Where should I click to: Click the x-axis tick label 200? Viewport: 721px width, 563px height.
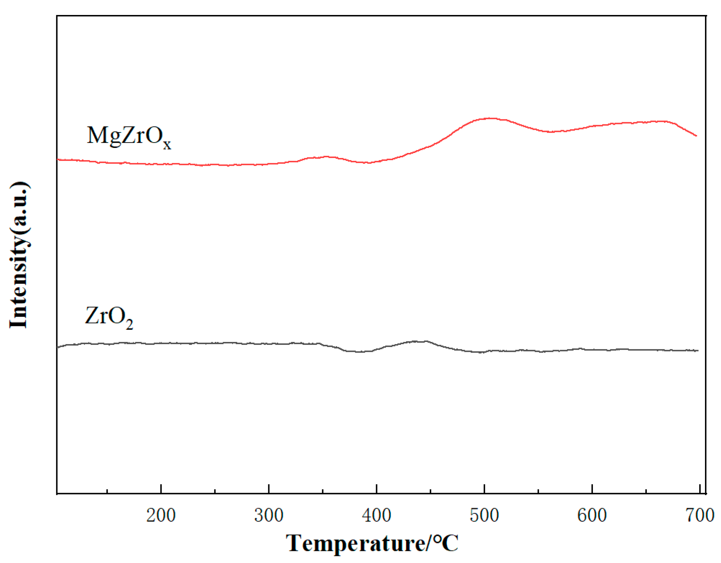pyautogui.click(x=161, y=515)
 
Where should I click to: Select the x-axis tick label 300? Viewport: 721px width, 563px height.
pyautogui.click(x=269, y=515)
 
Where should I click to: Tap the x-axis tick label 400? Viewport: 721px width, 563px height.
pyautogui.click(x=376, y=515)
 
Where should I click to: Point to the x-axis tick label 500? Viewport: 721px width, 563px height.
pyautogui.click(x=484, y=515)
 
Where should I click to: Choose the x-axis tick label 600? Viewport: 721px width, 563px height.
pyautogui.click(x=592, y=515)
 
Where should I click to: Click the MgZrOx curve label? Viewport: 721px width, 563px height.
pyautogui.click(x=129, y=137)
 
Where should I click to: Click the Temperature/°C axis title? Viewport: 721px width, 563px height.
pyautogui.click(x=372, y=543)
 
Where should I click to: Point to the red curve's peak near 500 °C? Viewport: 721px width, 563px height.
pyautogui.click(x=491, y=118)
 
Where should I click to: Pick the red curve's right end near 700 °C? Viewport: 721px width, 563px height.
pyautogui.click(x=696, y=135)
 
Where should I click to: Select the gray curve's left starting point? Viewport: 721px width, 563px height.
pyautogui.click(x=58, y=347)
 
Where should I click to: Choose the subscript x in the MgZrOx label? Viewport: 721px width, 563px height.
pyautogui.click(x=167, y=145)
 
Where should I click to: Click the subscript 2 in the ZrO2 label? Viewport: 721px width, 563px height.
pyautogui.click(x=130, y=324)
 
